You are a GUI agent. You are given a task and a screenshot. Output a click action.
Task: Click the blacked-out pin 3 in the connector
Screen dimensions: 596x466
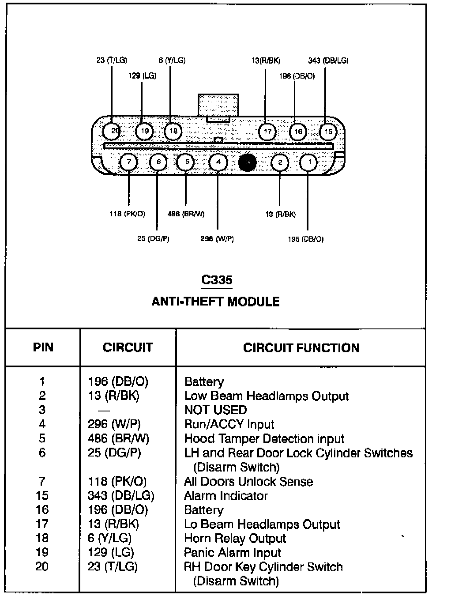(248, 162)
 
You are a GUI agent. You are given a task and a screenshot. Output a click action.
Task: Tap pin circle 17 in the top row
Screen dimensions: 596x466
(267, 131)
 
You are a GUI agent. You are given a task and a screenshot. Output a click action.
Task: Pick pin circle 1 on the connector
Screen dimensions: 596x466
(308, 162)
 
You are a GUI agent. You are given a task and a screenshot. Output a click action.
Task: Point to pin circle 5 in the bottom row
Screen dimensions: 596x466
(186, 162)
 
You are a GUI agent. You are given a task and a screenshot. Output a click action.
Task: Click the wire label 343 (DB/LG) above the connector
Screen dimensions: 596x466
(328, 60)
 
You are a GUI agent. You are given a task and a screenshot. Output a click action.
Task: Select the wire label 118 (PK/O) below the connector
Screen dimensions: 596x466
(127, 214)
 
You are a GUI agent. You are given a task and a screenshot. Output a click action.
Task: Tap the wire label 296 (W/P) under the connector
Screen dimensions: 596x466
(217, 239)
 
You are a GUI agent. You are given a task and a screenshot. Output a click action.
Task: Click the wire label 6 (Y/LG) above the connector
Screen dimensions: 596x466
(172, 60)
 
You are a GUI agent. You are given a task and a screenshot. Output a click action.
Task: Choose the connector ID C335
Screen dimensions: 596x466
(217, 280)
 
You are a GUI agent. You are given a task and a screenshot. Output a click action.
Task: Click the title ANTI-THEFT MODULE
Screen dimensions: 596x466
(216, 302)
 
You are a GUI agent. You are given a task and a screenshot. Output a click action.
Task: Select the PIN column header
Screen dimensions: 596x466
(43, 347)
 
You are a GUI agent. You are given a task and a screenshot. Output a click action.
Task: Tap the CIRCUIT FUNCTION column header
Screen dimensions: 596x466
(301, 348)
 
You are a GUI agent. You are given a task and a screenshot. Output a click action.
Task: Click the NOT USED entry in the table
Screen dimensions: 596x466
(215, 410)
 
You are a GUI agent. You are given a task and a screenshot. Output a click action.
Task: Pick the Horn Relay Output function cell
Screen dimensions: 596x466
(235, 539)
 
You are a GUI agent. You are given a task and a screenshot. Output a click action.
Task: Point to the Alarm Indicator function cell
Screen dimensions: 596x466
(225, 496)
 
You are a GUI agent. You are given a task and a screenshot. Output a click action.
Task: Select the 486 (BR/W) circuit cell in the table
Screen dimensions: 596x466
(118, 438)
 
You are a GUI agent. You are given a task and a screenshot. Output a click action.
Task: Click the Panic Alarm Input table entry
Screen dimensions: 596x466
(232, 553)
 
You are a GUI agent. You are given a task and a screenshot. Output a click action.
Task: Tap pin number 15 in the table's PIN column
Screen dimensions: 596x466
(42, 496)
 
